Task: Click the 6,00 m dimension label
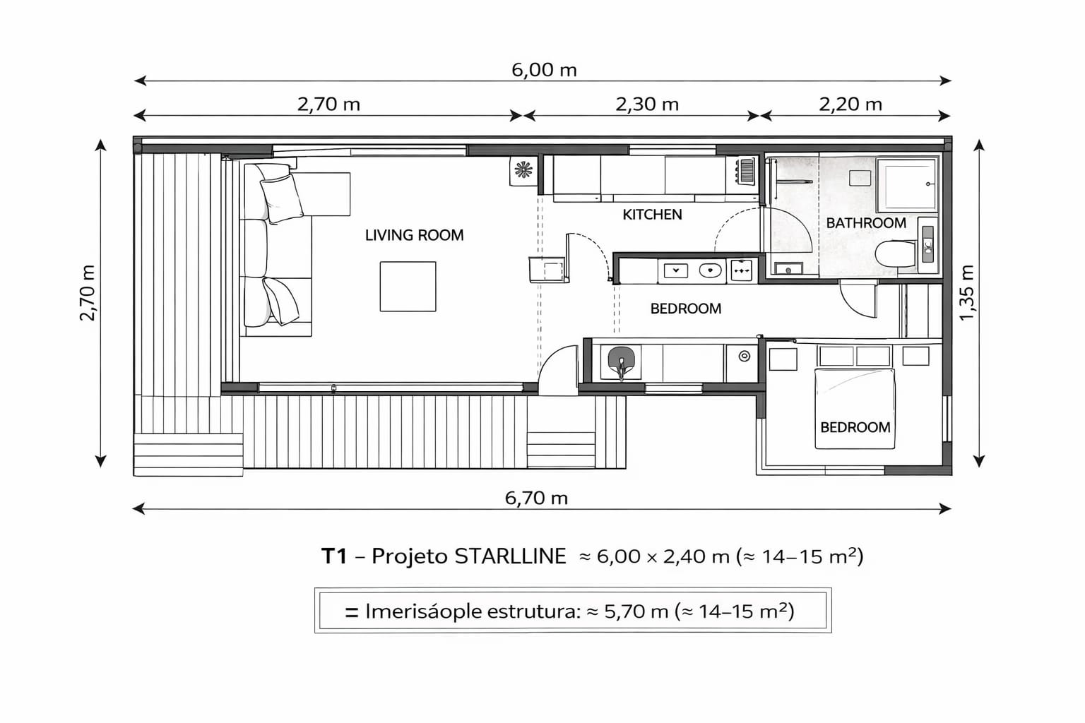[544, 70]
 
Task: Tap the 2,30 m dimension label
[647, 104]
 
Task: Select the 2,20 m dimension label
[850, 104]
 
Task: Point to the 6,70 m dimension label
[536, 498]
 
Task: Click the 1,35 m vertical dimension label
[966, 293]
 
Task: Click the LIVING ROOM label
[414, 235]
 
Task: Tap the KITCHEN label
[652, 215]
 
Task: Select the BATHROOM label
[866, 223]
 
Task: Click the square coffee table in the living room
[408, 286]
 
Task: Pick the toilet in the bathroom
[896, 253]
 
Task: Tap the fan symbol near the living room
[523, 170]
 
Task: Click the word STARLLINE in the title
[510, 556]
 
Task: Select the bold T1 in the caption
[334, 556]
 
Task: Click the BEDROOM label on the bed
[855, 428]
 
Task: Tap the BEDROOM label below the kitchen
[686, 309]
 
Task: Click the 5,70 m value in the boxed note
[636, 611]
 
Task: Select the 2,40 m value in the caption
[696, 556]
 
